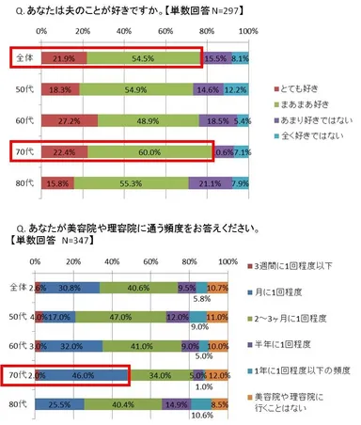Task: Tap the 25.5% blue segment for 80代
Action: point(67,406)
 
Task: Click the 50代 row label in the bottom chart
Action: point(17,316)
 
